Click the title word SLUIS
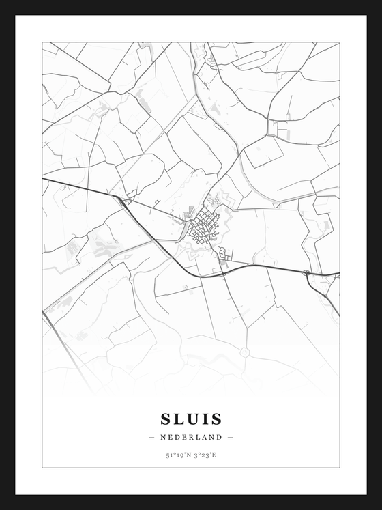[x=191, y=418]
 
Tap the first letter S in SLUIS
[x=166, y=418]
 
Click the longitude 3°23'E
[x=205, y=455]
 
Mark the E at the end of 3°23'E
[x=216, y=455]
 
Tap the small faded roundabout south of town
[x=243, y=351]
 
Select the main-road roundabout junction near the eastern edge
[x=307, y=274]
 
